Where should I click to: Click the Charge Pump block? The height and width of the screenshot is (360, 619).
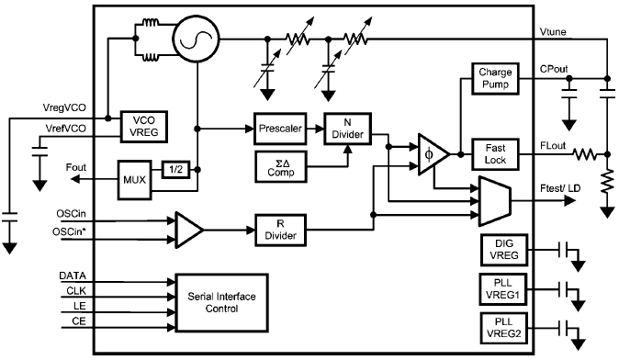click(x=495, y=79)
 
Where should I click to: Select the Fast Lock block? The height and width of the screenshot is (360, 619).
click(x=495, y=152)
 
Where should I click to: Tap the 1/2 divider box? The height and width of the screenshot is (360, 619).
click(x=174, y=169)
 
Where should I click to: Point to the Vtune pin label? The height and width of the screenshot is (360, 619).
click(x=557, y=31)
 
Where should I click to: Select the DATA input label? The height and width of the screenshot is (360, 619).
click(x=73, y=275)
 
